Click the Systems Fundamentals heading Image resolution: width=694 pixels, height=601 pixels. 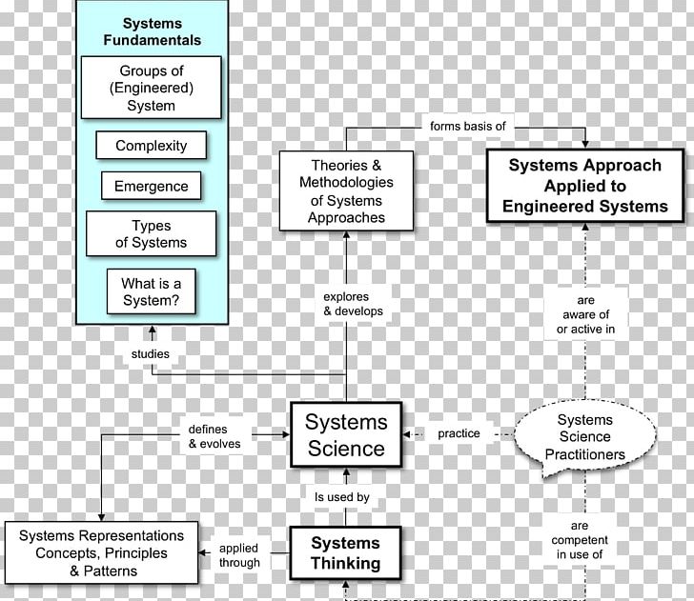coord(152,31)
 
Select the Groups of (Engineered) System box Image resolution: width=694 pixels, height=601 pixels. coord(152,88)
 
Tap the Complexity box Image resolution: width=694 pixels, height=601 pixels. coord(152,146)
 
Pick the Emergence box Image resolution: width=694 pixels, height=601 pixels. coord(152,187)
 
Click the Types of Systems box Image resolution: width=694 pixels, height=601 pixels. coord(152,234)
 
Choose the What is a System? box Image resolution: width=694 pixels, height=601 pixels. coord(152,292)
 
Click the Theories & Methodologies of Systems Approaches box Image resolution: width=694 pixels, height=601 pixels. coord(346,190)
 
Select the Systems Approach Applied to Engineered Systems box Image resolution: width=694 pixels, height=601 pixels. coord(584,186)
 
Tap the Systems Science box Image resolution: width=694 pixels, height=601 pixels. coord(346,434)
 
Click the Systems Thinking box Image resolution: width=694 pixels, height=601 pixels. coord(345,553)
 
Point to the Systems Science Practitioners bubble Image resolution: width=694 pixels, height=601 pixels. coord(585,436)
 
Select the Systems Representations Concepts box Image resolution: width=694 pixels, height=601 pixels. coord(101,553)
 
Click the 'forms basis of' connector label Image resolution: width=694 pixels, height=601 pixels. coord(467,126)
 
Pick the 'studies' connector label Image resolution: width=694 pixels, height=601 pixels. coord(151,354)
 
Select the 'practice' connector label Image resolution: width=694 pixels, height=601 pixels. coord(459,433)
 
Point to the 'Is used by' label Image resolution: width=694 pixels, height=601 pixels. coord(342,496)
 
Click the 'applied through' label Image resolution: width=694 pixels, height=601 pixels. coord(238,555)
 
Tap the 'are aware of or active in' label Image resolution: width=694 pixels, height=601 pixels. coord(585,314)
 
